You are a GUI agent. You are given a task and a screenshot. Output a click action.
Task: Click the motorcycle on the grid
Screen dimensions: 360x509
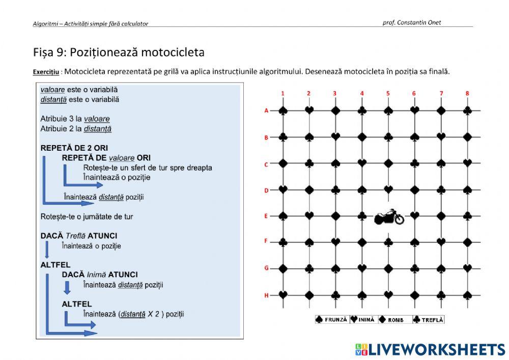389,217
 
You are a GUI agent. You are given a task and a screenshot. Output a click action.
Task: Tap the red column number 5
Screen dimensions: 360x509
388,93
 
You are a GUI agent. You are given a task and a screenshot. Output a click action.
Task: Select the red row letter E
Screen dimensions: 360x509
266,216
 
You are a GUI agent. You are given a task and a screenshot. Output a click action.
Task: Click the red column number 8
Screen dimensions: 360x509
467,93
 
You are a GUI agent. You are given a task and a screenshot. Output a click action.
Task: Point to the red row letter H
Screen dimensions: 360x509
266,295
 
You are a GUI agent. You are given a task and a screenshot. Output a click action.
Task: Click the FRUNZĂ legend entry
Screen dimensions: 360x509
331,320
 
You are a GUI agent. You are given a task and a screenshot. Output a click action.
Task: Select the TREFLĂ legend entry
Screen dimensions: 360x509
429,320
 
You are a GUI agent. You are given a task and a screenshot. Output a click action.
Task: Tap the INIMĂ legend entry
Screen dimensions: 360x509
362,320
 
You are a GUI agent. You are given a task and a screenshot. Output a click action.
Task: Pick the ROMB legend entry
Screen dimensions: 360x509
392,320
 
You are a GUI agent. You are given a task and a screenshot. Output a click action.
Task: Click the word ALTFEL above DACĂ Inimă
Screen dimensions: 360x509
55,265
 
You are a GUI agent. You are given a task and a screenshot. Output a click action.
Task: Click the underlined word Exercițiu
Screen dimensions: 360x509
47,72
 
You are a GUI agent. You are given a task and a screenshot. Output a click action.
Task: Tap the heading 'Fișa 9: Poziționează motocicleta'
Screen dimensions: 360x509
119,52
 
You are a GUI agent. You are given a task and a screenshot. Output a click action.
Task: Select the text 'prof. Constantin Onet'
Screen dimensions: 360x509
411,22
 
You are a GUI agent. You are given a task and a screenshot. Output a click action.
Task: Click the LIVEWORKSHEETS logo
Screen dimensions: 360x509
430,349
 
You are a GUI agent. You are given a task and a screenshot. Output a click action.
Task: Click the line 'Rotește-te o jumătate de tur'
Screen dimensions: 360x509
87,216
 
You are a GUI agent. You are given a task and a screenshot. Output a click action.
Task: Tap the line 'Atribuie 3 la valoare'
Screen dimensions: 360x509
75,119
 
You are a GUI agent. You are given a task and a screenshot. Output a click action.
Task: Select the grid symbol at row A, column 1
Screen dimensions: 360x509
283,110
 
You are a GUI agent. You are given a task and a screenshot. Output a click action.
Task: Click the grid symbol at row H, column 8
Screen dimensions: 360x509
467,295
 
